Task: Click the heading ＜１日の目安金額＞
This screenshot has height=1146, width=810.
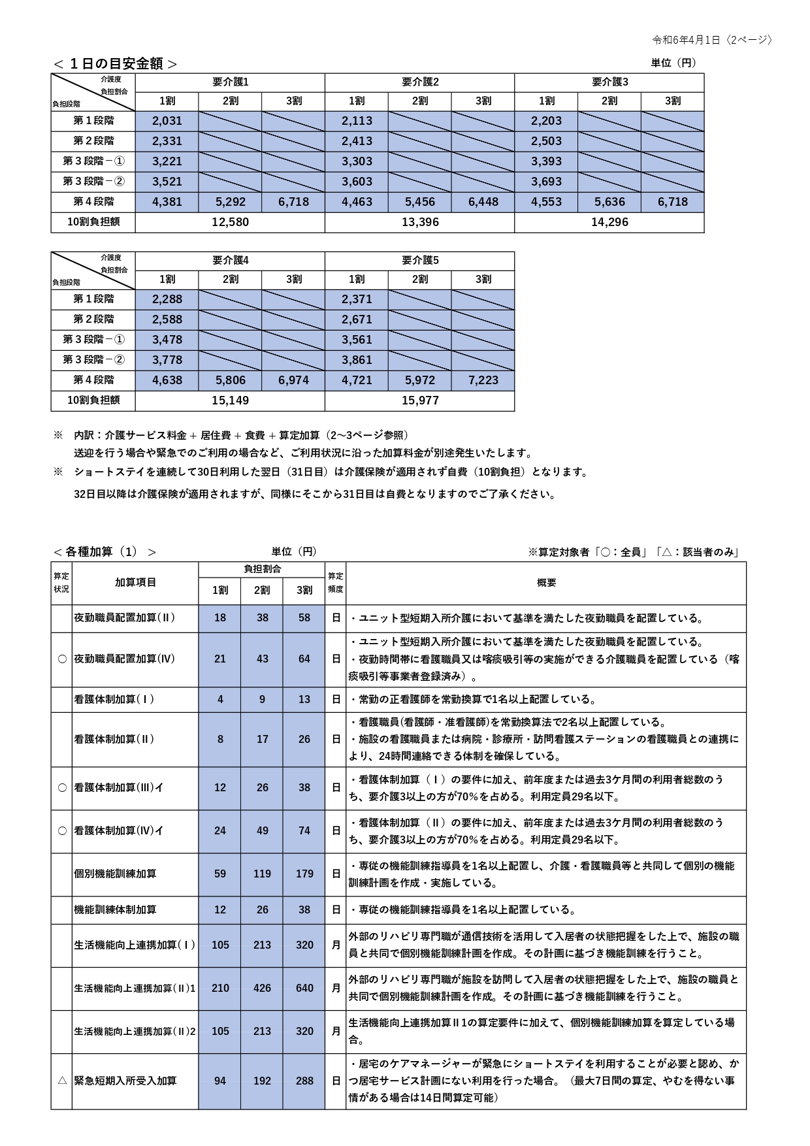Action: coord(115,63)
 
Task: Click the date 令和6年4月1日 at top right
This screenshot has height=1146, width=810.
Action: coord(686,40)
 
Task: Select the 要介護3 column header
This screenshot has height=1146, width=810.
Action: coord(609,82)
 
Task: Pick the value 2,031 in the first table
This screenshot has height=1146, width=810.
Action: coord(167,121)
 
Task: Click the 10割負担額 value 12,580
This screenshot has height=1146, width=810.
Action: coord(230,222)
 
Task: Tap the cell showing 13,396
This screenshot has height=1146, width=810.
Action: coord(419,222)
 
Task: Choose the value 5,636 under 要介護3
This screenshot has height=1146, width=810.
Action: coord(609,202)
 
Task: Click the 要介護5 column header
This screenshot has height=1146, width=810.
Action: coord(419,261)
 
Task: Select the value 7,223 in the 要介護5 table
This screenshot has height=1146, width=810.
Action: coord(483,380)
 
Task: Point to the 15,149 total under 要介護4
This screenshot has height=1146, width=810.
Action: coord(230,401)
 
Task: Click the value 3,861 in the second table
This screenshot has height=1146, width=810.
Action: coord(357,360)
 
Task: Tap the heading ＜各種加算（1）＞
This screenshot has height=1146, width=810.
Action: coord(105,552)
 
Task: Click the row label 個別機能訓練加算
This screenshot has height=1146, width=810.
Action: coord(116,874)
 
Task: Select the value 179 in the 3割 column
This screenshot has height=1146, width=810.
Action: coord(304,874)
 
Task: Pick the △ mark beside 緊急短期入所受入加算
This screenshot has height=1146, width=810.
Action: coord(62,1081)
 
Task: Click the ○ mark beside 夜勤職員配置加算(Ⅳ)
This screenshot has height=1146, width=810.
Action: coord(62,659)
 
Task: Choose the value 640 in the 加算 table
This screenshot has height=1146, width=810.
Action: coord(304,989)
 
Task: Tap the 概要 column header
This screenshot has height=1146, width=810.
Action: coord(546,583)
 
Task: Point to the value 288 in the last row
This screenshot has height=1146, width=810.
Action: coord(304,1081)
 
